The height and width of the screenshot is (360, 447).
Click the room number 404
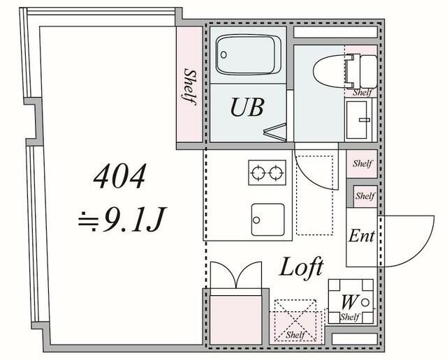click(x=119, y=176)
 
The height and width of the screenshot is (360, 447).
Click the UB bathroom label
click(x=247, y=107)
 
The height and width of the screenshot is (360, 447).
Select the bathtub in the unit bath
click(x=248, y=54)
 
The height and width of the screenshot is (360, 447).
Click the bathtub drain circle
click(x=223, y=54)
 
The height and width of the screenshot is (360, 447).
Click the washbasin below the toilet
click(x=357, y=119)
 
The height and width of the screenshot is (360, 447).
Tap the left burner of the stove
click(x=258, y=172)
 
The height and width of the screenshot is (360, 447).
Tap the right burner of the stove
click(x=276, y=172)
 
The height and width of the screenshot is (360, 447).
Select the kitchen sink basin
click(x=268, y=219)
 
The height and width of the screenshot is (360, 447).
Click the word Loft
click(x=301, y=267)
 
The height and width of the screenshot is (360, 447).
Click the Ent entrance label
click(x=362, y=236)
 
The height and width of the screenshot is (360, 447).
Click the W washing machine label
click(x=349, y=303)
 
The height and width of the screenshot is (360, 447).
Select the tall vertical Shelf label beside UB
click(x=189, y=87)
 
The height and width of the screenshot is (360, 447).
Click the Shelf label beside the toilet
click(x=362, y=92)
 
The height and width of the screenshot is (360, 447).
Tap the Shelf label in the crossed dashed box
click(x=295, y=335)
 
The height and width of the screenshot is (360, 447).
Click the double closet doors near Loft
click(x=236, y=275)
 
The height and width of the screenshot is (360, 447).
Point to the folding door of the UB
click(x=275, y=132)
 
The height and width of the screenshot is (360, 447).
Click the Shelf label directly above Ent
click(x=365, y=196)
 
